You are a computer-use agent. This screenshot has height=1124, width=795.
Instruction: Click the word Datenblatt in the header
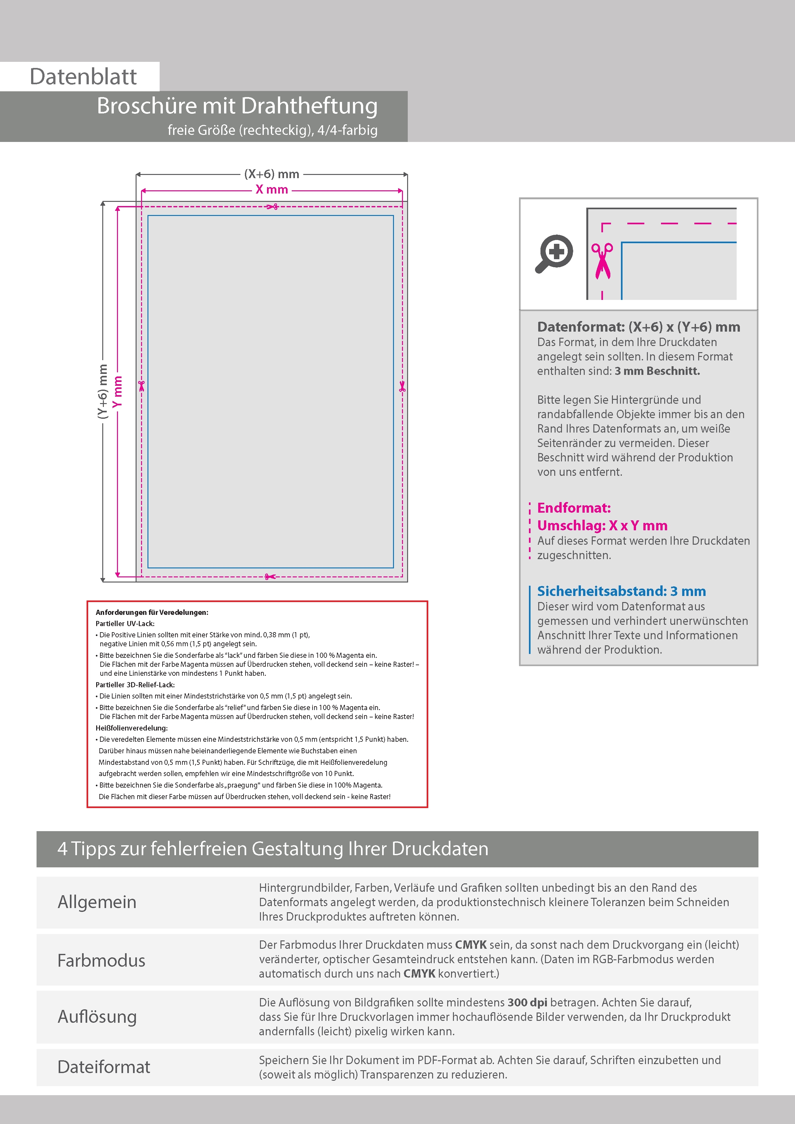83,77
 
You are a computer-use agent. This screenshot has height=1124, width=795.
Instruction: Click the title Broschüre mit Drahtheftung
237,106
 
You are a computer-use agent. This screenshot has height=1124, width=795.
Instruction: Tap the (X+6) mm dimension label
272,174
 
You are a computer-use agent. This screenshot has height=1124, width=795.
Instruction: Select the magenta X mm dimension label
272,189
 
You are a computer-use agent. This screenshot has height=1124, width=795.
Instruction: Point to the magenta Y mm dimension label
117,391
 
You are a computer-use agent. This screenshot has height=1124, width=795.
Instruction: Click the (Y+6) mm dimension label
102,391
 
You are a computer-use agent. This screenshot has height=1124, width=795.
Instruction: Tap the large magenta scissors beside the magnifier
602,261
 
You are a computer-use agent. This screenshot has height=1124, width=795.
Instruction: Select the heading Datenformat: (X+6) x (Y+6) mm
638,327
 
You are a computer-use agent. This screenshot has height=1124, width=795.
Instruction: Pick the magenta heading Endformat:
573,508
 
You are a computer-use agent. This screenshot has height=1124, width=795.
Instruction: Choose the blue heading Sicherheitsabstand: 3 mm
621,591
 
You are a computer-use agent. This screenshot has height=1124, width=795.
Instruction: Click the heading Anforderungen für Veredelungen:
152,612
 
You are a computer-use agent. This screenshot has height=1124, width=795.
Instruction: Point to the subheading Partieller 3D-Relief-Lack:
135,685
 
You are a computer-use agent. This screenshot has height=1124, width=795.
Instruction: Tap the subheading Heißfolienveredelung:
131,728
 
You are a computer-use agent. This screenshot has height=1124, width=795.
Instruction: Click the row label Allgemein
97,902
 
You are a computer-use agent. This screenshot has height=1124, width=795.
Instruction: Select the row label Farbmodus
101,960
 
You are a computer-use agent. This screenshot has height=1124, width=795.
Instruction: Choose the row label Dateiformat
104,1067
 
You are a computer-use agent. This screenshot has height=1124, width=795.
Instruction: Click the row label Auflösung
97,1016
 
